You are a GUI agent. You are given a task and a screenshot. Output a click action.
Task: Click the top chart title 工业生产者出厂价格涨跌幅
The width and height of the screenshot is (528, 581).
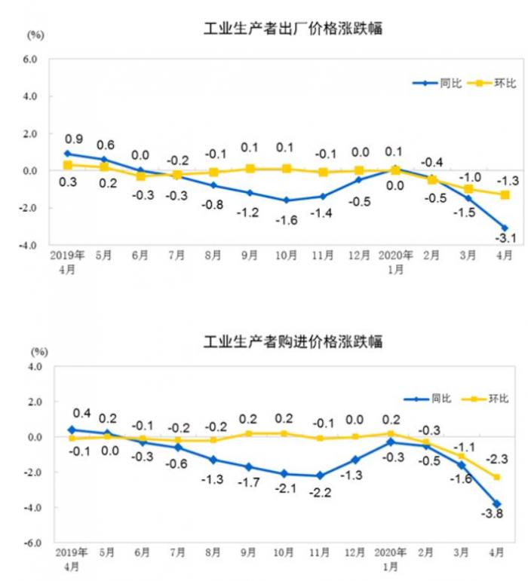pyautogui.click(x=293, y=29)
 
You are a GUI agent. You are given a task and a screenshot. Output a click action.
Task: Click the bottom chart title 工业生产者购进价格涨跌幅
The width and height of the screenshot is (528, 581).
pyautogui.click(x=293, y=341)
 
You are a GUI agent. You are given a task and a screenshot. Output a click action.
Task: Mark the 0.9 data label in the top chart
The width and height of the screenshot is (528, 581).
pyautogui.click(x=74, y=139)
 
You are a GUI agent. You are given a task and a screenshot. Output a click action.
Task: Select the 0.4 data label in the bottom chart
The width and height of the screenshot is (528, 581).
pyautogui.click(x=81, y=414)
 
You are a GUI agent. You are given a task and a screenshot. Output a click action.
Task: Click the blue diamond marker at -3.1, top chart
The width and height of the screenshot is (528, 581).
pyautogui.click(x=505, y=228)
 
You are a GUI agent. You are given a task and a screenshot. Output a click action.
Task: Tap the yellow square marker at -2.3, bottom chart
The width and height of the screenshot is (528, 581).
pyautogui.click(x=498, y=476)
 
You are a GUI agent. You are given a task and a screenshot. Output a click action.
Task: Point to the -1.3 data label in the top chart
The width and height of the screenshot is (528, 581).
pyautogui.click(x=505, y=180)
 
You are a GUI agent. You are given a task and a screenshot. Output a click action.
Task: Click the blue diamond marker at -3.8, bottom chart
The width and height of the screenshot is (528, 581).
pyautogui.click(x=497, y=503)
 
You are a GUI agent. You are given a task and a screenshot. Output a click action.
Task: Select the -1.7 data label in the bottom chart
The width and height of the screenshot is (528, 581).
pyautogui.click(x=250, y=480)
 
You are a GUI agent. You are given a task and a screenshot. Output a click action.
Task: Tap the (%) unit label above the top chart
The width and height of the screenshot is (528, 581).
pyautogui.click(x=35, y=35)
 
